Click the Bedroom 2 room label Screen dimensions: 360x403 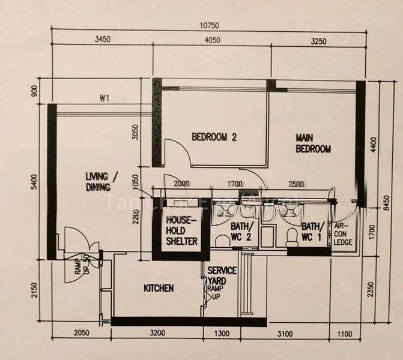[214, 137]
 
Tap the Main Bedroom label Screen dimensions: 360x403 [313, 143]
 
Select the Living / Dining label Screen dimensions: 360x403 [102, 181]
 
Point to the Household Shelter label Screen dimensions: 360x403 [182, 230]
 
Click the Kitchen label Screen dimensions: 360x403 [159, 289]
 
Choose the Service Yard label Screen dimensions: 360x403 [222, 275]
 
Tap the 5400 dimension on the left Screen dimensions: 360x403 [34, 181]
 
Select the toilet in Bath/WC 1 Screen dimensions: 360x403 [292, 236]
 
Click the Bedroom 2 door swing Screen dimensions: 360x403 [178, 153]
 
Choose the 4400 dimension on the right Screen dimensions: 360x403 [372, 145]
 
